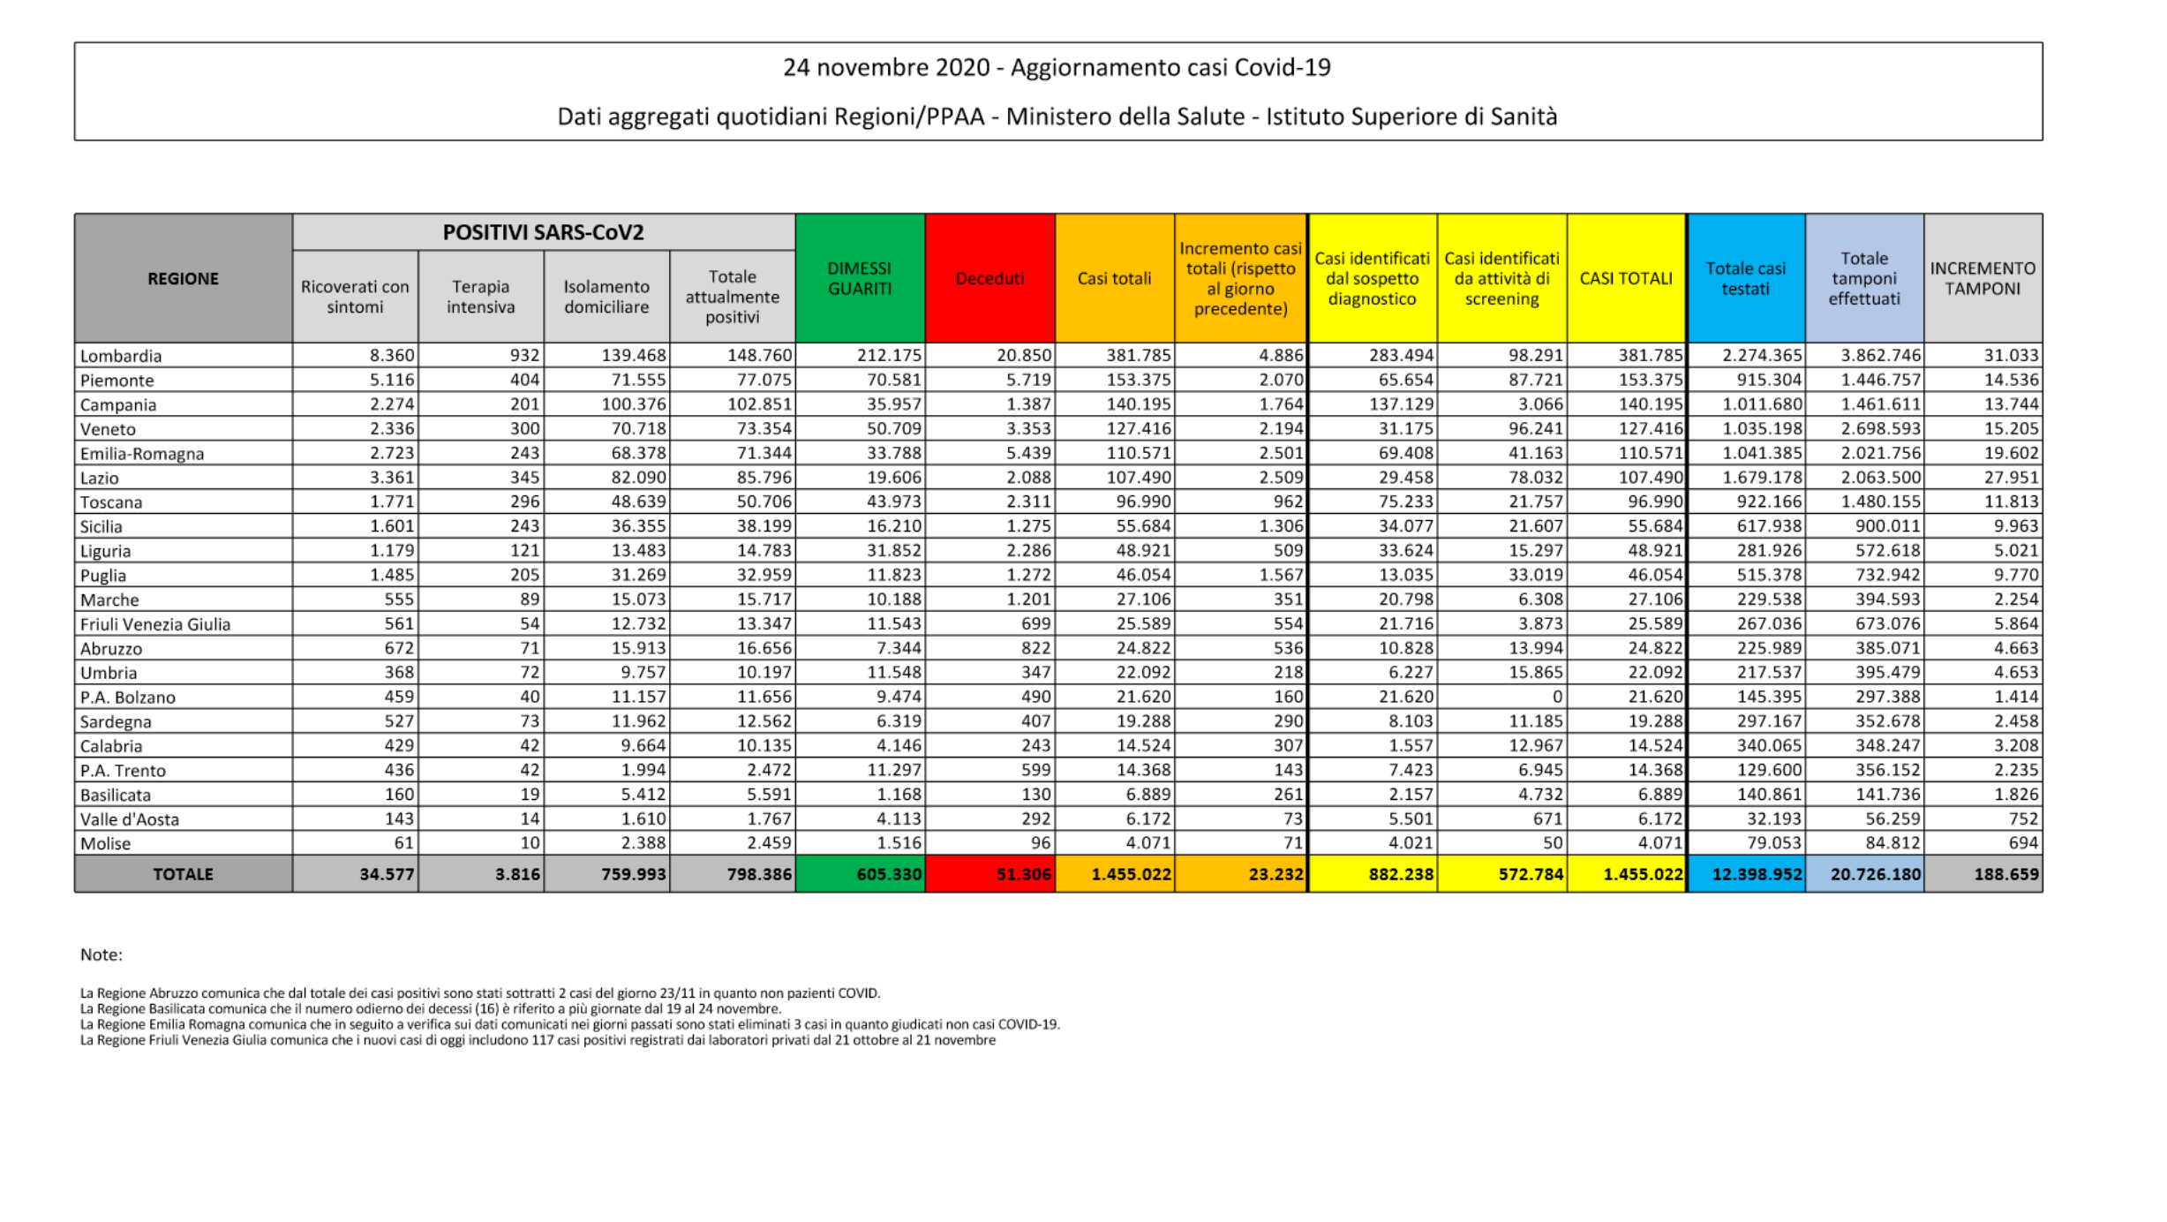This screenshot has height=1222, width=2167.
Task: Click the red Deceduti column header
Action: coord(989,278)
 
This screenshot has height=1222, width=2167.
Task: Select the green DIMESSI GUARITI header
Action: coord(860,278)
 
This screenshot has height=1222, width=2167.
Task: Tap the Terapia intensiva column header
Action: coord(480,297)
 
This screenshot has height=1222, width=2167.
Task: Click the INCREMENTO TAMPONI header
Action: coord(1983,278)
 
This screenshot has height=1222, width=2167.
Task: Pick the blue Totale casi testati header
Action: coord(1745,278)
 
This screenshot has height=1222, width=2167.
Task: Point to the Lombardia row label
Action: coord(121,356)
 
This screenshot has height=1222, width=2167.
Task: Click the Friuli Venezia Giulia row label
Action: coord(155,624)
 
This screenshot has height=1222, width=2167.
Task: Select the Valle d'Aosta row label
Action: coord(130,819)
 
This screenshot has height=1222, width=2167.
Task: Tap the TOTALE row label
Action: coord(183,874)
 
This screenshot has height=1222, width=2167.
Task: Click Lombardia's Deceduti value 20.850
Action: coord(1024,355)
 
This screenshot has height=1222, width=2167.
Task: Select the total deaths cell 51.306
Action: coord(1024,874)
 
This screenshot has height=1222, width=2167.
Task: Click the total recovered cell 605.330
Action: coord(889,874)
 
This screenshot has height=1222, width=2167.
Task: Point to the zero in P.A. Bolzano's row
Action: coord(1557,697)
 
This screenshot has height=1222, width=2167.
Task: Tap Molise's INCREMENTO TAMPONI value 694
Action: coord(2023,843)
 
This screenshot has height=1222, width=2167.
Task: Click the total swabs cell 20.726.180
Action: coord(1875,874)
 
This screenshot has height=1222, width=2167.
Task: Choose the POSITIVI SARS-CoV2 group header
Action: coord(543,232)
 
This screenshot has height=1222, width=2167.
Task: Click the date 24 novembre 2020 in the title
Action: coord(885,68)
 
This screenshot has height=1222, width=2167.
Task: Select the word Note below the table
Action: coord(101,954)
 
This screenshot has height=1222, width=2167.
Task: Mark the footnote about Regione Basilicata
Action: coord(430,1009)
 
